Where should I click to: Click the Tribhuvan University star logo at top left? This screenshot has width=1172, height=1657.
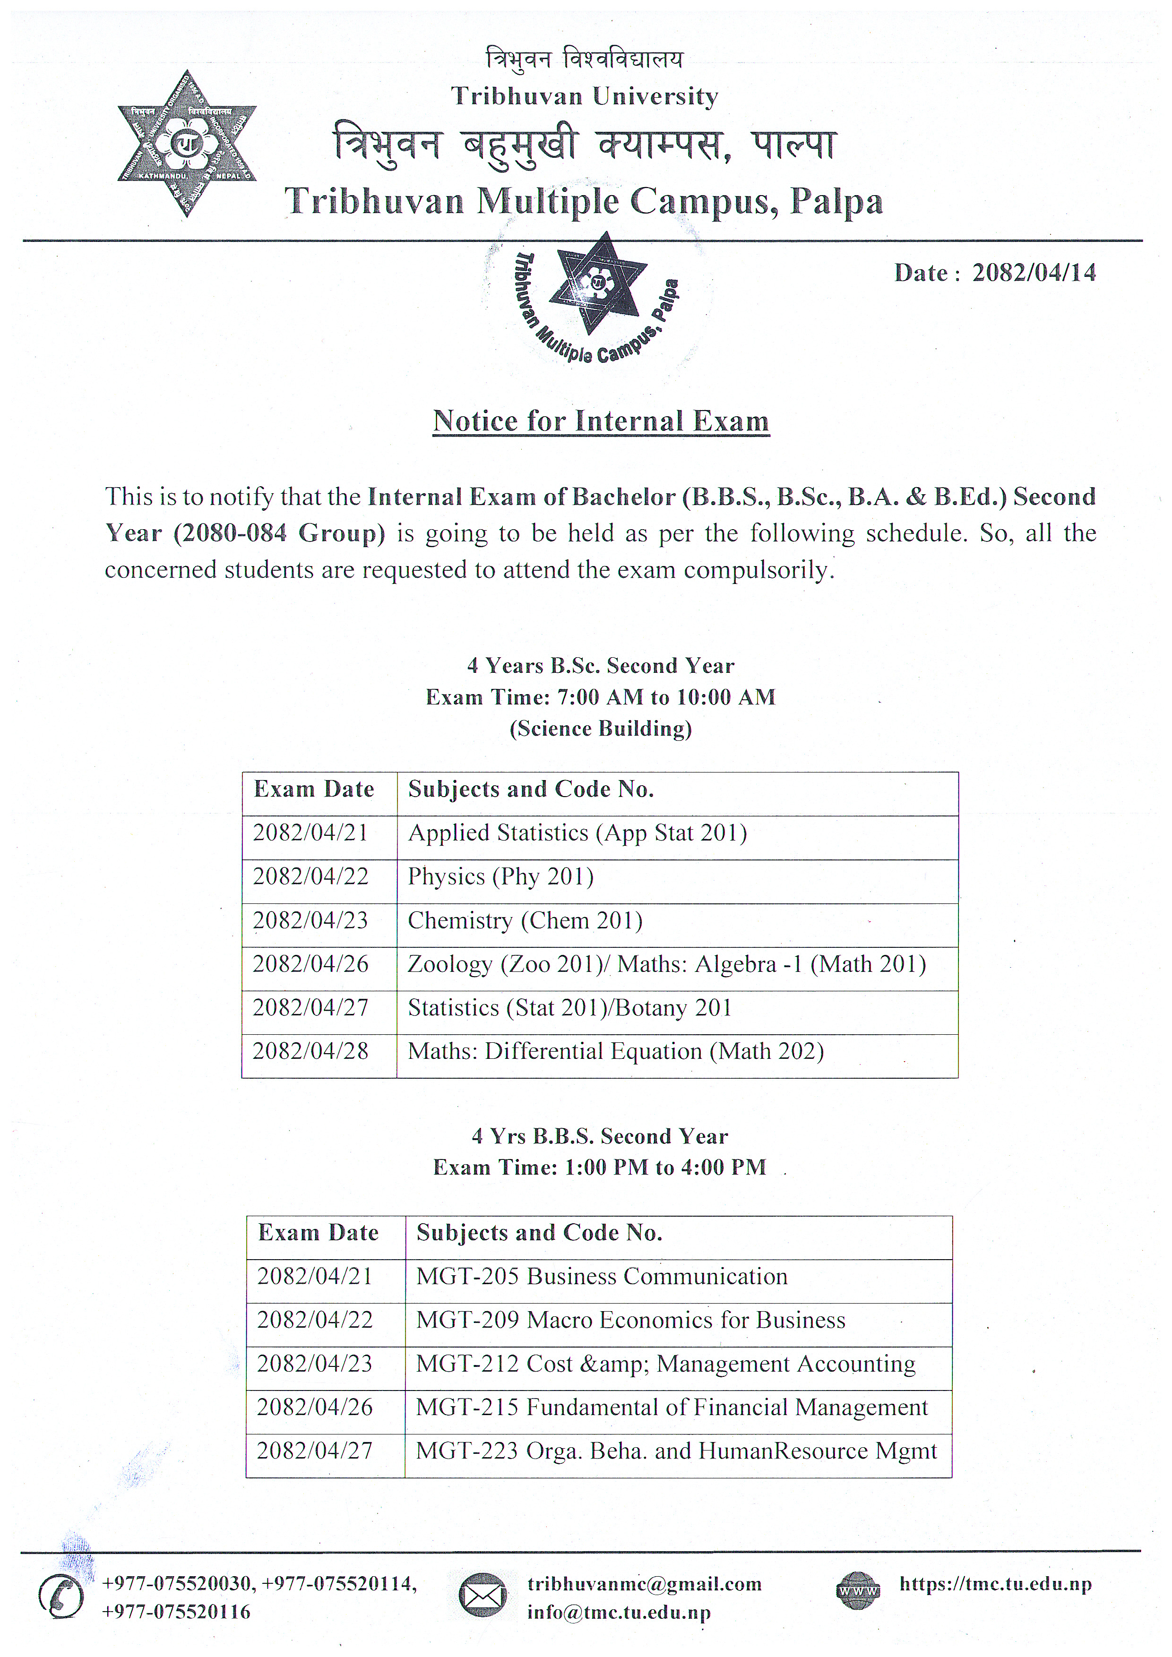pos(187,144)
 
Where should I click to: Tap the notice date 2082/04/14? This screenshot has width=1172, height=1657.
pos(1034,273)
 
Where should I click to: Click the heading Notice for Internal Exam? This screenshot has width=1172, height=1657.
pos(601,421)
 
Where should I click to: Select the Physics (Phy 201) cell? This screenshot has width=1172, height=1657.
pos(501,877)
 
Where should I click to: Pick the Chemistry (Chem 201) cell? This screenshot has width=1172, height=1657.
pos(525,921)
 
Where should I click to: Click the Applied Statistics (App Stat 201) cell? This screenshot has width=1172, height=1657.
pos(577,833)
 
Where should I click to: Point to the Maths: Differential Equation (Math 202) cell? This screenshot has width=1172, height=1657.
pos(616,1051)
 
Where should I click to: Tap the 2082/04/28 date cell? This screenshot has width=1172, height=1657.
pos(311,1051)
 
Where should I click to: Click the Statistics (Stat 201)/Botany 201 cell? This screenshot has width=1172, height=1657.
pos(569,1008)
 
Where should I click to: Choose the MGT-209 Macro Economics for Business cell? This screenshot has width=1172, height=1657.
pos(630,1320)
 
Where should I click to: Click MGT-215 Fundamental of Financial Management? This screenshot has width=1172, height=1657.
pos(671,1408)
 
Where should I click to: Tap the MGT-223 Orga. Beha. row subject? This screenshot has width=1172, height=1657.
pos(676,1451)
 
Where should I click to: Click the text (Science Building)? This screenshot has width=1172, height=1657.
pos(601,729)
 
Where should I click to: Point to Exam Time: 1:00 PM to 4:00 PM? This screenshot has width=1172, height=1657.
pos(599,1168)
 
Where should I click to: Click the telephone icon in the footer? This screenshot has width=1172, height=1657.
pos(60,1597)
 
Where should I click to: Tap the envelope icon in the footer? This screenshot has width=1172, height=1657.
pos(482,1596)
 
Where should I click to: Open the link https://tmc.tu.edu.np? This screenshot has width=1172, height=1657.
pos(995,1584)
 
